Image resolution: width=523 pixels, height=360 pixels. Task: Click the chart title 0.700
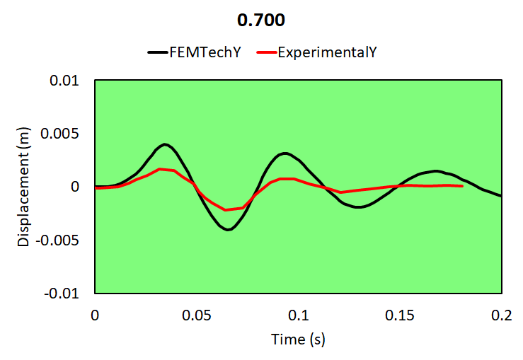[x=261, y=21]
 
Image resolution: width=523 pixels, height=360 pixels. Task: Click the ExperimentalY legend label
[x=323, y=52]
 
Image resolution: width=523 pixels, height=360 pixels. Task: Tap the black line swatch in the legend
[x=156, y=52]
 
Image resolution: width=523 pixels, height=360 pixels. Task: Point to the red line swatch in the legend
[x=265, y=52]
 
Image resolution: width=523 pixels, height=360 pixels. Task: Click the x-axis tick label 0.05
[x=196, y=313]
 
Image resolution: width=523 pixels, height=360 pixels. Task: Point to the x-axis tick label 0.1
[x=298, y=313]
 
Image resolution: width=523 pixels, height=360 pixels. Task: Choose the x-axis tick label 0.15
[x=400, y=313]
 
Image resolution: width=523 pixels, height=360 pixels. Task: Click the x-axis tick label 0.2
[x=501, y=313]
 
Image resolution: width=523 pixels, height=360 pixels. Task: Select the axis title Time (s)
[x=298, y=339]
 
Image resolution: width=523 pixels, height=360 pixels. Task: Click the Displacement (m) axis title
[x=24, y=187]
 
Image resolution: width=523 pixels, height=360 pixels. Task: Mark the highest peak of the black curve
[x=165, y=144]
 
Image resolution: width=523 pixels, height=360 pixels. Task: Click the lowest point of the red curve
[x=226, y=210]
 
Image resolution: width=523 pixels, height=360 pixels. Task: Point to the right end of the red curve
[x=461, y=186]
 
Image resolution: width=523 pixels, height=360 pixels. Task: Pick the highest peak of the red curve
[x=161, y=169]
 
